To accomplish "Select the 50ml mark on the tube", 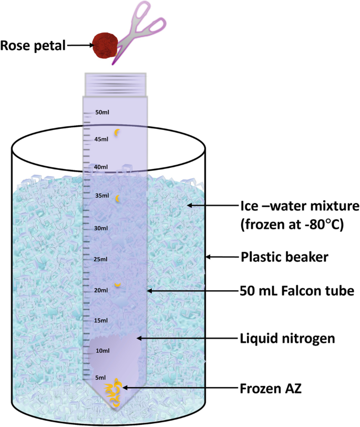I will (101, 113).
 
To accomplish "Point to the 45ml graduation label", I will (101, 139).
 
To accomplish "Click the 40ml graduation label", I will (101, 167).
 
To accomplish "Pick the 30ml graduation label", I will (101, 229).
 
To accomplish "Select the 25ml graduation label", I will (101, 259).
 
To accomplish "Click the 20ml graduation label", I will (101, 290).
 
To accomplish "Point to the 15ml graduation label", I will (101, 320).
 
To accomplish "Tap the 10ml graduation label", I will (101, 351).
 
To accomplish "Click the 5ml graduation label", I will (100, 377).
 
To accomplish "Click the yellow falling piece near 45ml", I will (118, 132).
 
